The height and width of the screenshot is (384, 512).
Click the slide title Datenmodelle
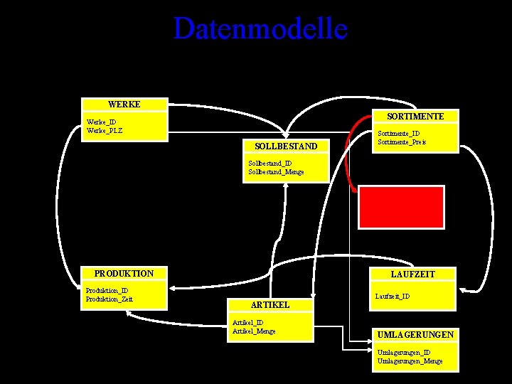(x=260, y=29)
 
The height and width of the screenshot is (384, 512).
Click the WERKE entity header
(x=124, y=105)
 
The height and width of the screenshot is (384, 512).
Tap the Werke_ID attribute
(x=102, y=122)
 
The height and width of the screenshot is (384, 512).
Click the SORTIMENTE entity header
(x=416, y=116)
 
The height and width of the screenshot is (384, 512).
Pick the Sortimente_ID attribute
(x=399, y=134)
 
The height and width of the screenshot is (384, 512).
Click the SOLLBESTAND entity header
(x=286, y=146)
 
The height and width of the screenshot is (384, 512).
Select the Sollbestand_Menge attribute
(x=277, y=172)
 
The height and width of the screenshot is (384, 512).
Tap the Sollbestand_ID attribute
(x=270, y=164)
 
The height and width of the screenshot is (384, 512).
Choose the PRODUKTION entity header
(x=124, y=274)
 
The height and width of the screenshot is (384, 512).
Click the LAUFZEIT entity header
(x=413, y=274)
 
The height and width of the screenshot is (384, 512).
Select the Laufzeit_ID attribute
(x=393, y=296)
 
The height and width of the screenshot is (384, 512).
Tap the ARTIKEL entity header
(x=270, y=304)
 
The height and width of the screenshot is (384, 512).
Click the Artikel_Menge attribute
(x=254, y=331)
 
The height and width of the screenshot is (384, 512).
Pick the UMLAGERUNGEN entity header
(x=416, y=334)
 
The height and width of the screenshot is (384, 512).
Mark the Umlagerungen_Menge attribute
(x=410, y=361)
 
